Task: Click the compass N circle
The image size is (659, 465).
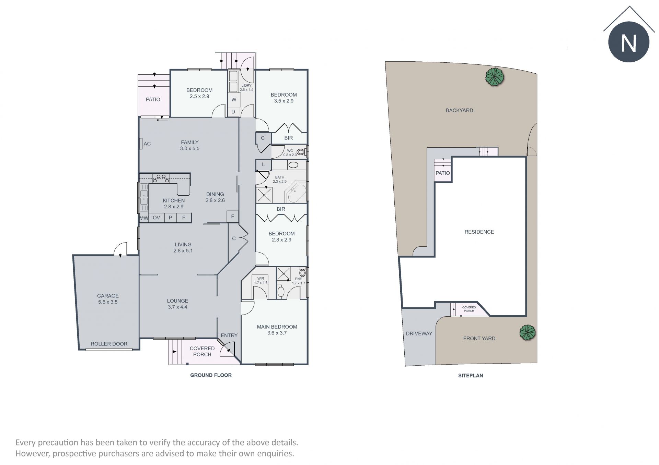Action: [x=629, y=42]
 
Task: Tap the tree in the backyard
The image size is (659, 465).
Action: [x=495, y=77]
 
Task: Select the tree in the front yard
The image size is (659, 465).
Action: [x=528, y=332]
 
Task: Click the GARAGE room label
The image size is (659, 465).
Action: [x=108, y=296]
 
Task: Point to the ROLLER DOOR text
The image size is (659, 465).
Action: [x=109, y=344]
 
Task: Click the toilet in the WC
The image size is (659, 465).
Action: [x=301, y=152]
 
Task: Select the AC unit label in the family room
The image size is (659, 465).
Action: [x=147, y=144]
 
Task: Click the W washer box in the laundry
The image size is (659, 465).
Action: [x=234, y=100]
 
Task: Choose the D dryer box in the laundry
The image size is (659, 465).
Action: [x=233, y=112]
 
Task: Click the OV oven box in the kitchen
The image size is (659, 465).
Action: [x=157, y=218]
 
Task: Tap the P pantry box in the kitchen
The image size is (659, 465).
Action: [x=171, y=218]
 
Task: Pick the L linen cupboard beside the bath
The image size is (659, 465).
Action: [x=263, y=165]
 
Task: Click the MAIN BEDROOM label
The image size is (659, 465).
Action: [x=277, y=327]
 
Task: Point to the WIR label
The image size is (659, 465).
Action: [x=261, y=279]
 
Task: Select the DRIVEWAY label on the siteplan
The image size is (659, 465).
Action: [x=419, y=333]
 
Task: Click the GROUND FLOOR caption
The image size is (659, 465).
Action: [x=211, y=375]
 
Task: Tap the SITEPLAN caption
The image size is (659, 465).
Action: [x=471, y=376]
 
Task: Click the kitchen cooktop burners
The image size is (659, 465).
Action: [x=161, y=178]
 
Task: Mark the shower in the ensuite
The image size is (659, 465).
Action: [x=284, y=274]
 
